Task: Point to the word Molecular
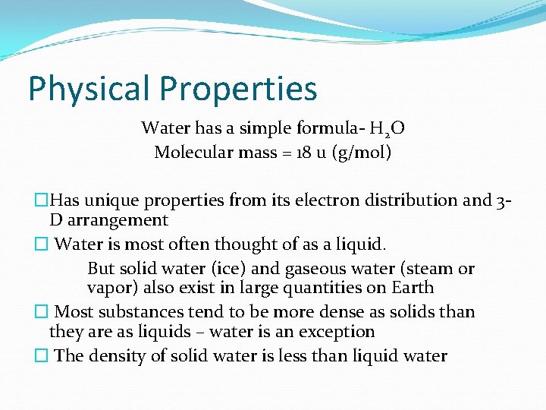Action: pos(190,152)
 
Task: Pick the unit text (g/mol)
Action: pos(363,153)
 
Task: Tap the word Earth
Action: pos(413,288)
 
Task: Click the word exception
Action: pos(338,332)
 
